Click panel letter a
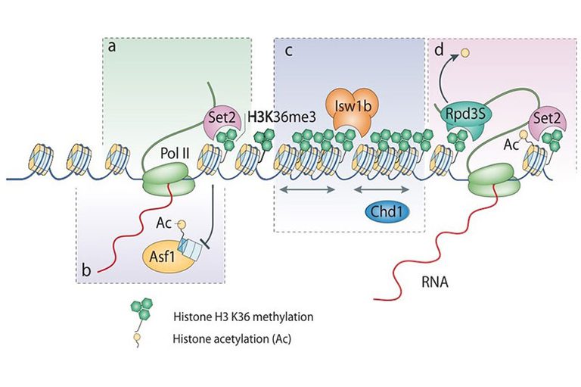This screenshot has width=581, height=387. click(x=112, y=46)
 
